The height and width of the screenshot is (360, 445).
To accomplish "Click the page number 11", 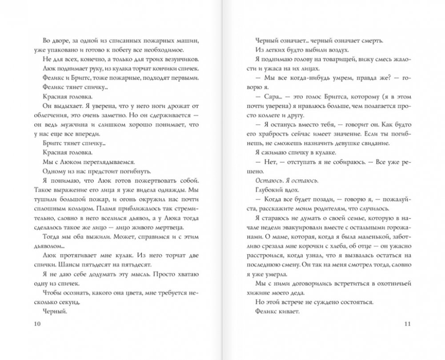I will [409, 323].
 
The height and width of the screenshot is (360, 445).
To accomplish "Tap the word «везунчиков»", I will [175, 60].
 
